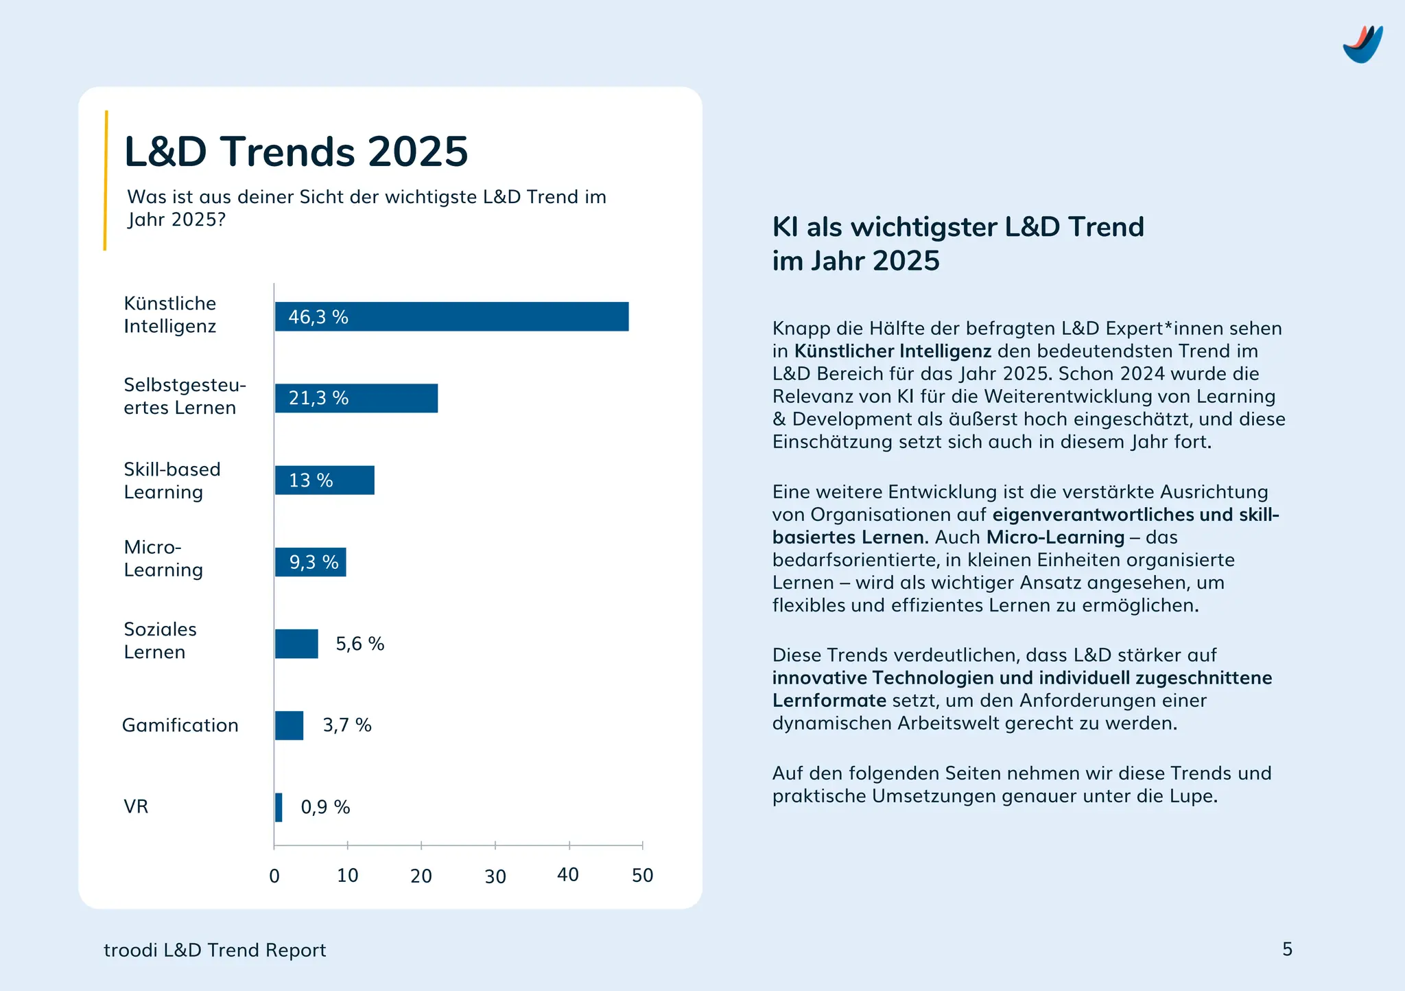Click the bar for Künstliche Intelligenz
[x=451, y=316]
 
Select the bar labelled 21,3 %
[x=356, y=398]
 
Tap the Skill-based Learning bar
[x=324, y=480]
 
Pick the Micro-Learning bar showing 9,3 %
[x=310, y=562]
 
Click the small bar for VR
[x=279, y=807]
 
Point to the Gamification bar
[x=289, y=725]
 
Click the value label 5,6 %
[x=359, y=644]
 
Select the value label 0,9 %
[x=325, y=807]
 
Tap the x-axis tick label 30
[x=495, y=876]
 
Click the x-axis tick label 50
[x=642, y=876]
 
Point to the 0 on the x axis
[x=274, y=876]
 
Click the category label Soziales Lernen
[x=160, y=640]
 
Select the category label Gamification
[x=180, y=725]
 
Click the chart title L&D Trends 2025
[x=296, y=152]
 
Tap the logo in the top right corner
[x=1362, y=45]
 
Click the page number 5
[x=1287, y=949]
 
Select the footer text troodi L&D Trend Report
[x=215, y=951]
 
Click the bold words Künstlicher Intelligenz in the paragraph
[x=893, y=351]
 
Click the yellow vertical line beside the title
[x=105, y=180]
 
